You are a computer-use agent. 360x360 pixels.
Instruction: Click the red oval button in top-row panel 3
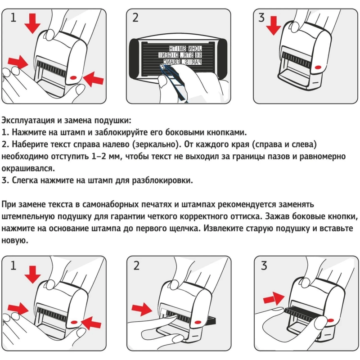(x=317, y=67)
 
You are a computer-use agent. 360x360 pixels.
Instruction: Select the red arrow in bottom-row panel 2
(x=144, y=309)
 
